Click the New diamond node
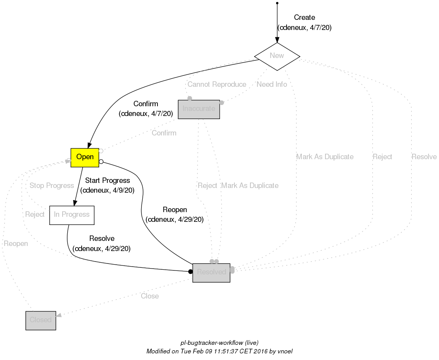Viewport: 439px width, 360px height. tap(277, 56)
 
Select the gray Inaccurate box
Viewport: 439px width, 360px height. tap(199, 109)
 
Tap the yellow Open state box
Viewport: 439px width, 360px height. tap(85, 157)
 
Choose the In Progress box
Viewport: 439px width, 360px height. tap(72, 215)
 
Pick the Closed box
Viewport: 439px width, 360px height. tap(41, 320)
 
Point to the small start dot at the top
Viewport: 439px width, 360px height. tap(277, 3)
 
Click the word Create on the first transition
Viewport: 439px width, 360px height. tap(304, 18)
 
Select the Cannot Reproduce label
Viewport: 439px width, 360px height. tap(217, 84)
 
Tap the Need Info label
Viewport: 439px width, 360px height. tap(272, 84)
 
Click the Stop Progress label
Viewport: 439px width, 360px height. tap(52, 186)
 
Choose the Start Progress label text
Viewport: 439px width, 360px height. tap(107, 181)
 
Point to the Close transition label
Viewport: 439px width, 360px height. tap(150, 296)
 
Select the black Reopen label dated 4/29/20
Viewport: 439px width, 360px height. tap(175, 210)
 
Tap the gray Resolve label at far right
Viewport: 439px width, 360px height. tap(424, 157)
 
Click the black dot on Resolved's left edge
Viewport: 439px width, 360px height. tap(191, 271)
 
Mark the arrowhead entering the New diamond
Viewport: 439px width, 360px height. tap(277, 39)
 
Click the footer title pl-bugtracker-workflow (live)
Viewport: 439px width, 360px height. tap(219, 343)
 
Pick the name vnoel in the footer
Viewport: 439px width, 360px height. tap(285, 351)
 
